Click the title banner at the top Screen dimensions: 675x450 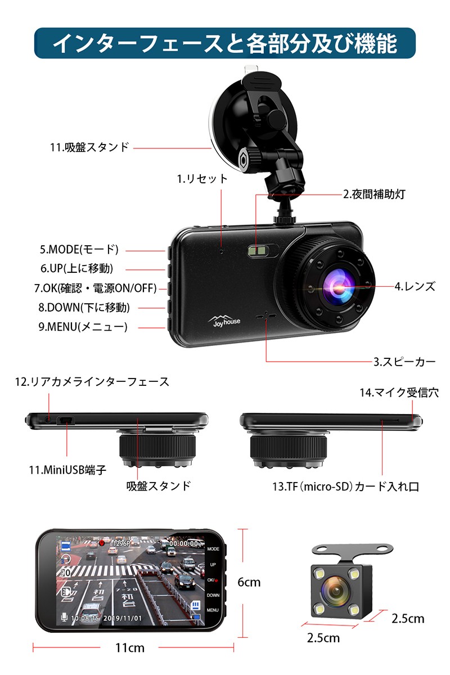coord(225,43)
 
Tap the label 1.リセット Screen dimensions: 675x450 coord(202,179)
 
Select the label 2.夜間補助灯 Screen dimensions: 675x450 coord(374,195)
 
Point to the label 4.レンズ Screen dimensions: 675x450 coord(415,286)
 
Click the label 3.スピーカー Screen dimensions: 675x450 coord(404,362)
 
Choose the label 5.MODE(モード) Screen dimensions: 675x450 coord(79,249)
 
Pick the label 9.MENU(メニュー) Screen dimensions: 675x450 coord(83,326)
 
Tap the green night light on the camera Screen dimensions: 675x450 coord(258,250)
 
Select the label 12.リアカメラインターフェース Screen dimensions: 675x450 coord(92,382)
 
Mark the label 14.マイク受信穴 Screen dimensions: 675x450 coord(399,393)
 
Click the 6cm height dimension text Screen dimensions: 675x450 coord(249,582)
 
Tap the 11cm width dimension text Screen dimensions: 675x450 coord(129,648)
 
